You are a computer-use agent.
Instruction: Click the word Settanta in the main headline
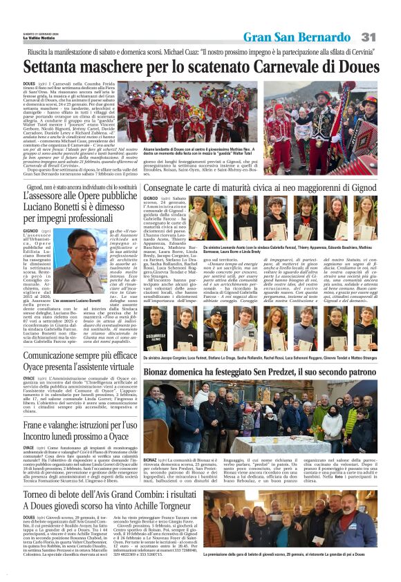[53, 68]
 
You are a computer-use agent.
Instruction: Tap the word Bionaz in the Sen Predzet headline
[160, 373]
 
